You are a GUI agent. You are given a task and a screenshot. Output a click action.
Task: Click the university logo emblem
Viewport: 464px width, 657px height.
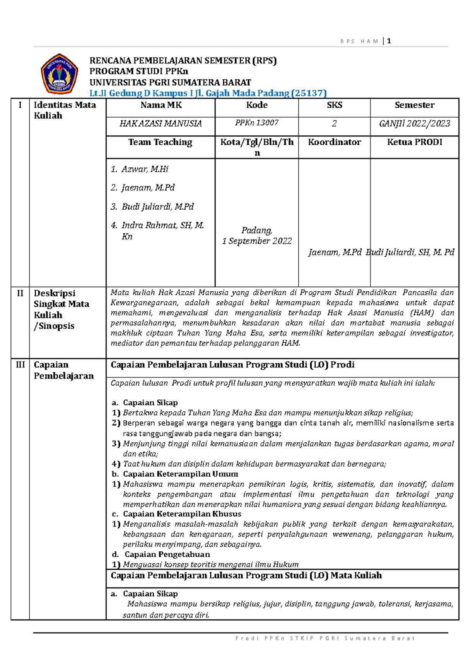pyautogui.click(x=59, y=74)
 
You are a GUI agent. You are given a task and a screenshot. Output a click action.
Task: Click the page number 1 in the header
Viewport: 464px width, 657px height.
pyautogui.click(x=389, y=41)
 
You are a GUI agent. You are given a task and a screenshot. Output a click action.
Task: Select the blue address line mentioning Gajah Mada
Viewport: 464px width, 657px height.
pyautogui.click(x=208, y=93)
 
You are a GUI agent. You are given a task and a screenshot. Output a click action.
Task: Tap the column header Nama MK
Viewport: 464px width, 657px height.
pyautogui.click(x=161, y=105)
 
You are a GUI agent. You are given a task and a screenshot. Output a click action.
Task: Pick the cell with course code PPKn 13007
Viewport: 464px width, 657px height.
pyautogui.click(x=257, y=123)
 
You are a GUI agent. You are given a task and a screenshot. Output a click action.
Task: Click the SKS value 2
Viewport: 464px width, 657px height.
pyautogui.click(x=334, y=123)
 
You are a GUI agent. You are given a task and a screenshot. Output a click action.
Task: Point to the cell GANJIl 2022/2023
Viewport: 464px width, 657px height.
pyautogui.click(x=415, y=123)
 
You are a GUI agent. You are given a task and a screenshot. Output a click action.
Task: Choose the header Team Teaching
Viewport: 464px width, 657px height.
pyautogui.click(x=160, y=142)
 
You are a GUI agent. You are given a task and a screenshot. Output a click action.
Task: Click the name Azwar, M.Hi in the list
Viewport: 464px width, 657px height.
pyautogui.click(x=145, y=169)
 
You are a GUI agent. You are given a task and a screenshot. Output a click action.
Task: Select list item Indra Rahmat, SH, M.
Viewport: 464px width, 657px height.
pyautogui.click(x=162, y=225)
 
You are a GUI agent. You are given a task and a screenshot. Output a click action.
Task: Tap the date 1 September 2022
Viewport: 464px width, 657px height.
pyautogui.click(x=257, y=241)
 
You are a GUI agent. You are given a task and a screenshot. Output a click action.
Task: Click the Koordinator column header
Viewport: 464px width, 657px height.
pyautogui.click(x=334, y=142)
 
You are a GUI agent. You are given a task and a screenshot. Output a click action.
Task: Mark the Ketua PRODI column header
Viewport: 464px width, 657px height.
pyautogui.click(x=415, y=142)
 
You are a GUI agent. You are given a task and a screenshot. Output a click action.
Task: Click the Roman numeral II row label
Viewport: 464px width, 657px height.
pyautogui.click(x=20, y=293)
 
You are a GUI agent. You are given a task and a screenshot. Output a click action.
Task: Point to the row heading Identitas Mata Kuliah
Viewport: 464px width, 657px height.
pyautogui.click(x=65, y=110)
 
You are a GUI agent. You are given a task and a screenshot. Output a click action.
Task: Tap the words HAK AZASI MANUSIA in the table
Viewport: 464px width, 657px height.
pyautogui.click(x=160, y=123)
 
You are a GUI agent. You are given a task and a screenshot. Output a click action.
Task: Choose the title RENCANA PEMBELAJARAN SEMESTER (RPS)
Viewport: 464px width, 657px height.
pyautogui.click(x=183, y=61)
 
